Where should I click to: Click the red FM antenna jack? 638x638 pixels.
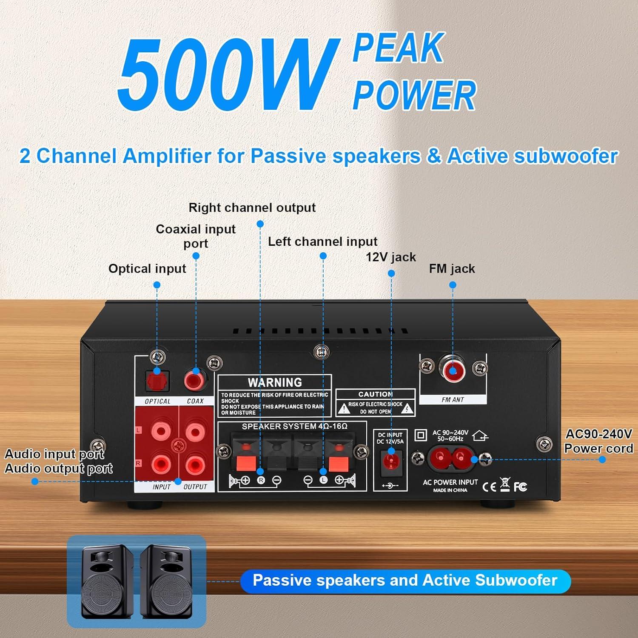[x=453, y=371]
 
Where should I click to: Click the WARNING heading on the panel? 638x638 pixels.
[x=275, y=382]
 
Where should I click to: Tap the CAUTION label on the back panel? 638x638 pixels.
[x=375, y=394]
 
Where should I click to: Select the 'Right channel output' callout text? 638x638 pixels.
[x=252, y=208]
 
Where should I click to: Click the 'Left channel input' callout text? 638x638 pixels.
[x=322, y=242]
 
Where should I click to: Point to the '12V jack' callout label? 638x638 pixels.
[x=391, y=257]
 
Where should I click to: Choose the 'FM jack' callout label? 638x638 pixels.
[x=452, y=269]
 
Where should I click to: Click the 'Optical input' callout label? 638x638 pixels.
[x=147, y=269]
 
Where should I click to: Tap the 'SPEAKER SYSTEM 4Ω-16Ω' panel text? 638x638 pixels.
[x=294, y=426]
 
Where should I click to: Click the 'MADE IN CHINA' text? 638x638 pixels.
[x=450, y=490]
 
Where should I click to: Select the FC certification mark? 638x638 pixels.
[x=520, y=487]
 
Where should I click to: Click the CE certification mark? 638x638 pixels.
[x=489, y=487]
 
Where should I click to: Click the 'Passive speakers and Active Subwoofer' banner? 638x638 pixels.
[x=405, y=581]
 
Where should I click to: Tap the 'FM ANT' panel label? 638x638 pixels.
[x=453, y=400]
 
